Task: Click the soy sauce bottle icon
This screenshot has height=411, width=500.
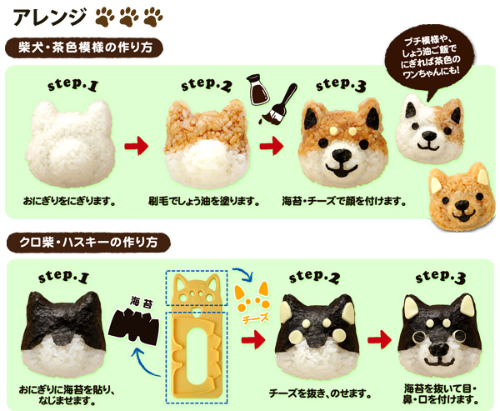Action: coord(257,90)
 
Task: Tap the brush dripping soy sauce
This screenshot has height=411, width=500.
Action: coord(279,104)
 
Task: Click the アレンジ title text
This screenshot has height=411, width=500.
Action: coord(49,16)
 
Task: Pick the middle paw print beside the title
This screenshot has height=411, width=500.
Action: coord(129,17)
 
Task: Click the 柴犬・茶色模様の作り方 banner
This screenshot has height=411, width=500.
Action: coord(84,48)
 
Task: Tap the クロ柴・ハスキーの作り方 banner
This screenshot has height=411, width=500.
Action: coord(88,243)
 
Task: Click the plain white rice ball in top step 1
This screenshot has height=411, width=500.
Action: coord(70,143)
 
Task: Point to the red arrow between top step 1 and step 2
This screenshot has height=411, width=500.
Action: coord(137,146)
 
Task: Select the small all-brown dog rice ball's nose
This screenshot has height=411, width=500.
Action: coord(461,204)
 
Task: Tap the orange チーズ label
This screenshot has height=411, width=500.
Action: coord(256,318)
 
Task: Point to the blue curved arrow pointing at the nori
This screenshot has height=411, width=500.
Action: coord(145,363)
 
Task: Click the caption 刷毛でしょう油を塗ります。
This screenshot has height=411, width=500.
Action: coord(204,202)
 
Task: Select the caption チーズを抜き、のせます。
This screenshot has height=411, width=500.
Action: coord(320,393)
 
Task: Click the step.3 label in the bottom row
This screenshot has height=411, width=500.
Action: coord(440,277)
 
